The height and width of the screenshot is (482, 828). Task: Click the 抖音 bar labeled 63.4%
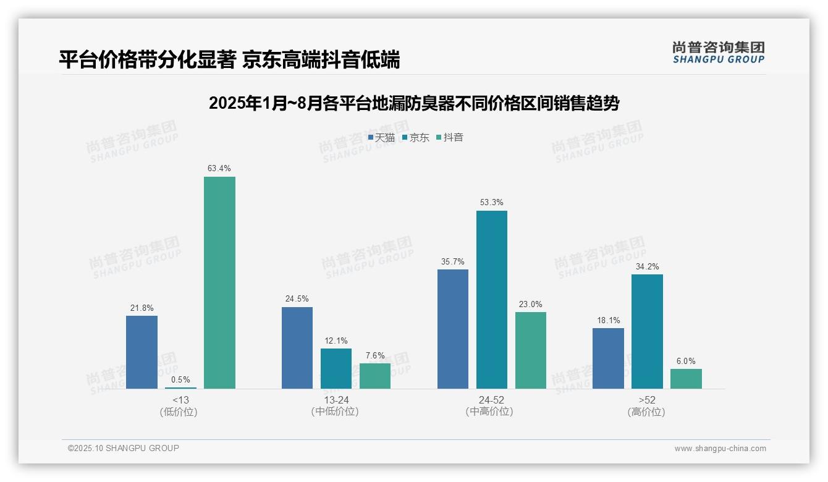tap(219, 282)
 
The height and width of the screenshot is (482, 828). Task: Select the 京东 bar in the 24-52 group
tap(491, 300)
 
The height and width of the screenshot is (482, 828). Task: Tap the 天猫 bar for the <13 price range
tap(142, 352)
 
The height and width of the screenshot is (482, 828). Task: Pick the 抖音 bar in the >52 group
tap(686, 379)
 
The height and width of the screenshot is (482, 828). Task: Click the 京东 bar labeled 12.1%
tap(336, 368)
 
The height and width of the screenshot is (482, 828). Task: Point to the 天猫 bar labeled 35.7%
tap(452, 329)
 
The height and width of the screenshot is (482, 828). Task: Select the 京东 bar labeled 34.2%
tap(647, 331)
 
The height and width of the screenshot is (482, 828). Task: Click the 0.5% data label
tap(180, 380)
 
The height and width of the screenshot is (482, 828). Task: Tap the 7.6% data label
tap(374, 355)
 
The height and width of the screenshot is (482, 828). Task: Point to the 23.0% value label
tap(530, 304)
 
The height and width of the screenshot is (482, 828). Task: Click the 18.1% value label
tap(608, 320)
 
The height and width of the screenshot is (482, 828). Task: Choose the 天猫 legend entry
tap(381, 137)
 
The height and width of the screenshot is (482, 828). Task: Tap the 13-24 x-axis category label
tap(336, 400)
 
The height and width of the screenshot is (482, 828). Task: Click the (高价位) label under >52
tap(646, 412)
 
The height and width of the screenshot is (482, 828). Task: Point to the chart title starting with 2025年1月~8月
tap(413, 103)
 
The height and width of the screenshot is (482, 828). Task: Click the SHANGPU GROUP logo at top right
tap(718, 53)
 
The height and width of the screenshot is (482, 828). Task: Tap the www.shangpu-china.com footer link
tap(720, 449)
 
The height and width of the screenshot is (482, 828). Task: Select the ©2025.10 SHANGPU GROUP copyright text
tap(124, 448)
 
